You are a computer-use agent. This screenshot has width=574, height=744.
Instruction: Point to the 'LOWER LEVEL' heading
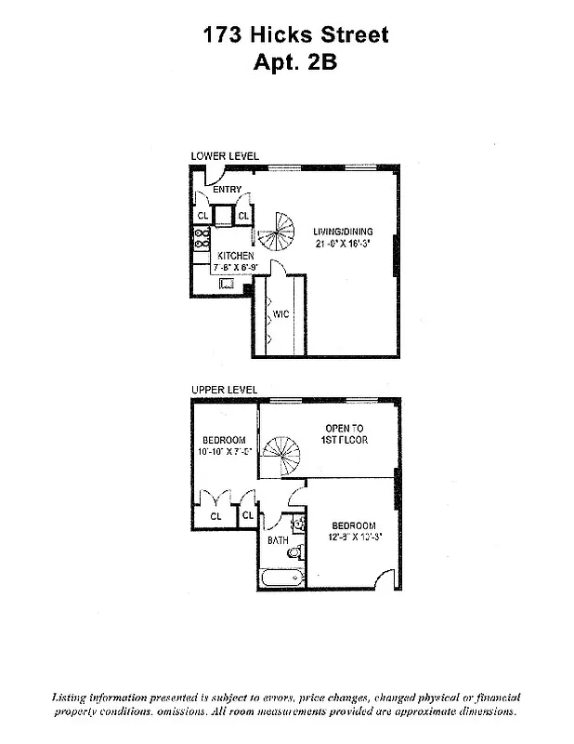(225, 155)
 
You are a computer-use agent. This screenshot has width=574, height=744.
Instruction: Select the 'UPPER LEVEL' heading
(225, 389)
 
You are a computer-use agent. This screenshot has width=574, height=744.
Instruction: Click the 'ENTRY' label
(227, 190)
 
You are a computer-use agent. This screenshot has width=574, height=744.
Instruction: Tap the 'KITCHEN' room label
(234, 255)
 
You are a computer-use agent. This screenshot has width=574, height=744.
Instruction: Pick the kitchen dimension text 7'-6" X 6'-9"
(234, 267)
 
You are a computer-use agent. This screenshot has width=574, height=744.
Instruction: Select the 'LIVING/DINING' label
(344, 234)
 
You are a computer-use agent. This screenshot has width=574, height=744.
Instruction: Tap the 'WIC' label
(280, 314)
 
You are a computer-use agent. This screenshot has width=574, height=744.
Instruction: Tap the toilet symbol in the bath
(294, 552)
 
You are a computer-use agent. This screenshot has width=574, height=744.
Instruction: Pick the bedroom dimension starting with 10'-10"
(225, 452)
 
